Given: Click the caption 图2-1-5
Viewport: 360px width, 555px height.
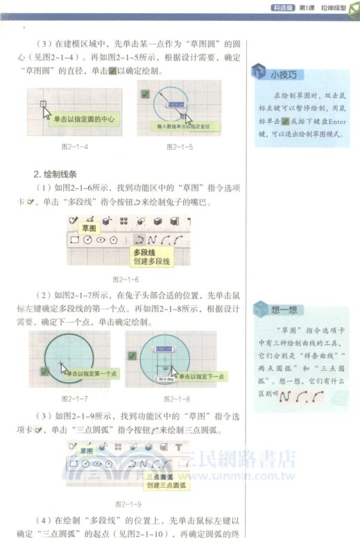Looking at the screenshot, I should [180, 147].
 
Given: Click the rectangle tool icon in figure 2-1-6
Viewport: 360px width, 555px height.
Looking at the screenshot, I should [74, 240].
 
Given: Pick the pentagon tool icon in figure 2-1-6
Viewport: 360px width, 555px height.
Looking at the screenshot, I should [103, 240].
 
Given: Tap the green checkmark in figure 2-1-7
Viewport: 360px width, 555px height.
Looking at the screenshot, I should [44, 373].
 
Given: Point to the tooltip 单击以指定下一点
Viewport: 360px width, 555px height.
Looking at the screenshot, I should [201, 376].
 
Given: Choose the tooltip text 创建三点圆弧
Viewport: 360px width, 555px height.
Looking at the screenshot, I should [166, 486].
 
